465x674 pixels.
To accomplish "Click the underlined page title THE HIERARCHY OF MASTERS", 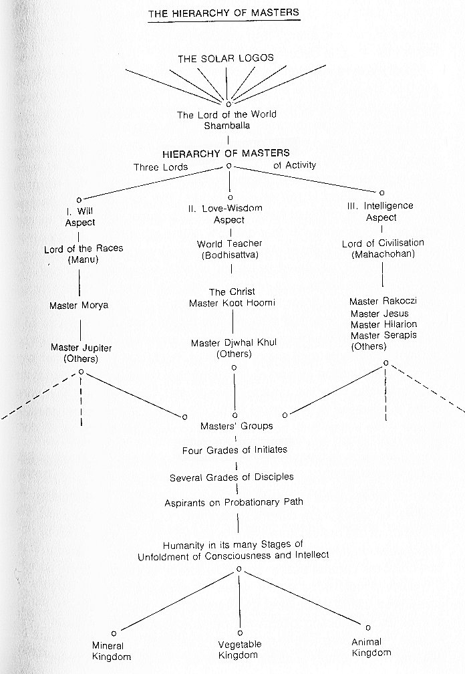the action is [224, 13].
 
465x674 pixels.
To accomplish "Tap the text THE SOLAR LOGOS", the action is [226, 58].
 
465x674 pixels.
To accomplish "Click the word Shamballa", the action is [226, 126].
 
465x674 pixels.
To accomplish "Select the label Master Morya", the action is [79, 306].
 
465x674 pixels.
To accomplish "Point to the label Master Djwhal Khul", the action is [234, 343].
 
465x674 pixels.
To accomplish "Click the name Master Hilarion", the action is [384, 324].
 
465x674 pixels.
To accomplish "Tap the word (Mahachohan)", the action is [383, 254].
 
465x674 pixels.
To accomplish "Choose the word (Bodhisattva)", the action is [230, 255].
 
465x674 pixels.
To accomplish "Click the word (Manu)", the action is [83, 259].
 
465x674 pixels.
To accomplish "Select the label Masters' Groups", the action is [237, 426].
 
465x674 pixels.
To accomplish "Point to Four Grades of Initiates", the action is [235, 450].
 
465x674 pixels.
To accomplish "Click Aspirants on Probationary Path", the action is [234, 503].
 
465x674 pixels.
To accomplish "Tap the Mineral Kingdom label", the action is [111, 651].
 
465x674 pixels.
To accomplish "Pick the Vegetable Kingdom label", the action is [239, 649].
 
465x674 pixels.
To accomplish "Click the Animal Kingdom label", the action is [371, 647].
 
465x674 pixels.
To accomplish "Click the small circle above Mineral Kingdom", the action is [114, 633].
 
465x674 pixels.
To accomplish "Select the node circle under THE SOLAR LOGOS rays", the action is [228, 104].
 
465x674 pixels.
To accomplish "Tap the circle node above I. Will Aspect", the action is [79, 200].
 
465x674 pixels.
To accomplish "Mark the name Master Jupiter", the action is [81, 348].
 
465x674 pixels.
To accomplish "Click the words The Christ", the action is [232, 292].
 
